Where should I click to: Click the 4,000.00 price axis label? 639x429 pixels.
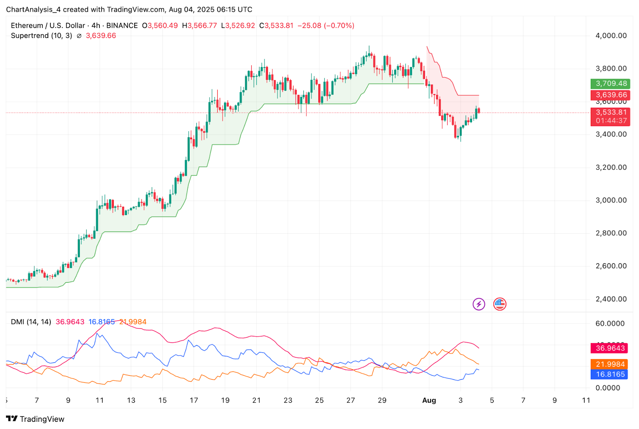tap(611, 36)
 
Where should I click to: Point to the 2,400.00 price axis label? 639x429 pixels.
tap(611, 299)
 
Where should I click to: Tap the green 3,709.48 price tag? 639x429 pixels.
tap(610, 83)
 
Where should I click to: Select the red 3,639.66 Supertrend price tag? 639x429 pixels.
tap(610, 95)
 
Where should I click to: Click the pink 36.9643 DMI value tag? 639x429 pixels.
tap(609, 348)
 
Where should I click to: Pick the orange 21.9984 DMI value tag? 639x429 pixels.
tap(609, 364)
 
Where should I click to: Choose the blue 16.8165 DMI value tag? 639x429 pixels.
tap(609, 374)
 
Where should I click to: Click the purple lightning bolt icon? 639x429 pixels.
tap(478, 304)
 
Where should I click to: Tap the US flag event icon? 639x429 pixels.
tap(500, 304)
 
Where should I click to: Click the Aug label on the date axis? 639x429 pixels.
tap(429, 400)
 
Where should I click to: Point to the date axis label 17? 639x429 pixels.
tap(194, 400)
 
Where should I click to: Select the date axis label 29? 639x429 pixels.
tap(382, 400)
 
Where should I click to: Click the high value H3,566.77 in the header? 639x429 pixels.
tap(200, 26)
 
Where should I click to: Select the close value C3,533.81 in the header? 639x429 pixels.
tap(276, 26)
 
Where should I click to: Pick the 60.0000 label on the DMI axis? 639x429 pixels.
tap(609, 323)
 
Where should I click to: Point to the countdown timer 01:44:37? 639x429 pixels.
tap(611, 121)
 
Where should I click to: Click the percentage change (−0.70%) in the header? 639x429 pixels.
tap(339, 26)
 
